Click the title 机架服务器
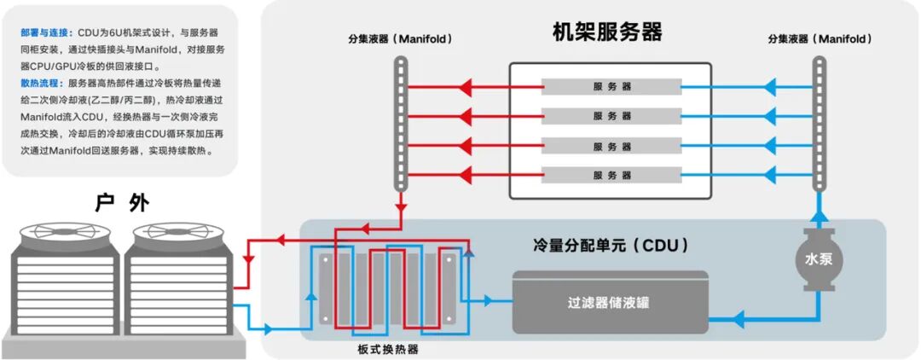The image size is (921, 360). click(607, 32)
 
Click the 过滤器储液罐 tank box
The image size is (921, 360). click(610, 302)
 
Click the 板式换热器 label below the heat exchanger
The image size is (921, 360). click(388, 350)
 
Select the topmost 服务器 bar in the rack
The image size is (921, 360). click(611, 86)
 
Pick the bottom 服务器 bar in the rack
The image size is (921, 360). click(611, 175)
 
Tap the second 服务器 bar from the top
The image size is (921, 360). click(611, 115)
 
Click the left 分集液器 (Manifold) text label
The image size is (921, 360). click(400, 39)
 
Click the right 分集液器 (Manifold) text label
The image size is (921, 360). click(819, 39)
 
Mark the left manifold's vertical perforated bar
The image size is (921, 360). click(400, 124)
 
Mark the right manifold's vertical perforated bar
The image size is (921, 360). click(819, 124)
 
